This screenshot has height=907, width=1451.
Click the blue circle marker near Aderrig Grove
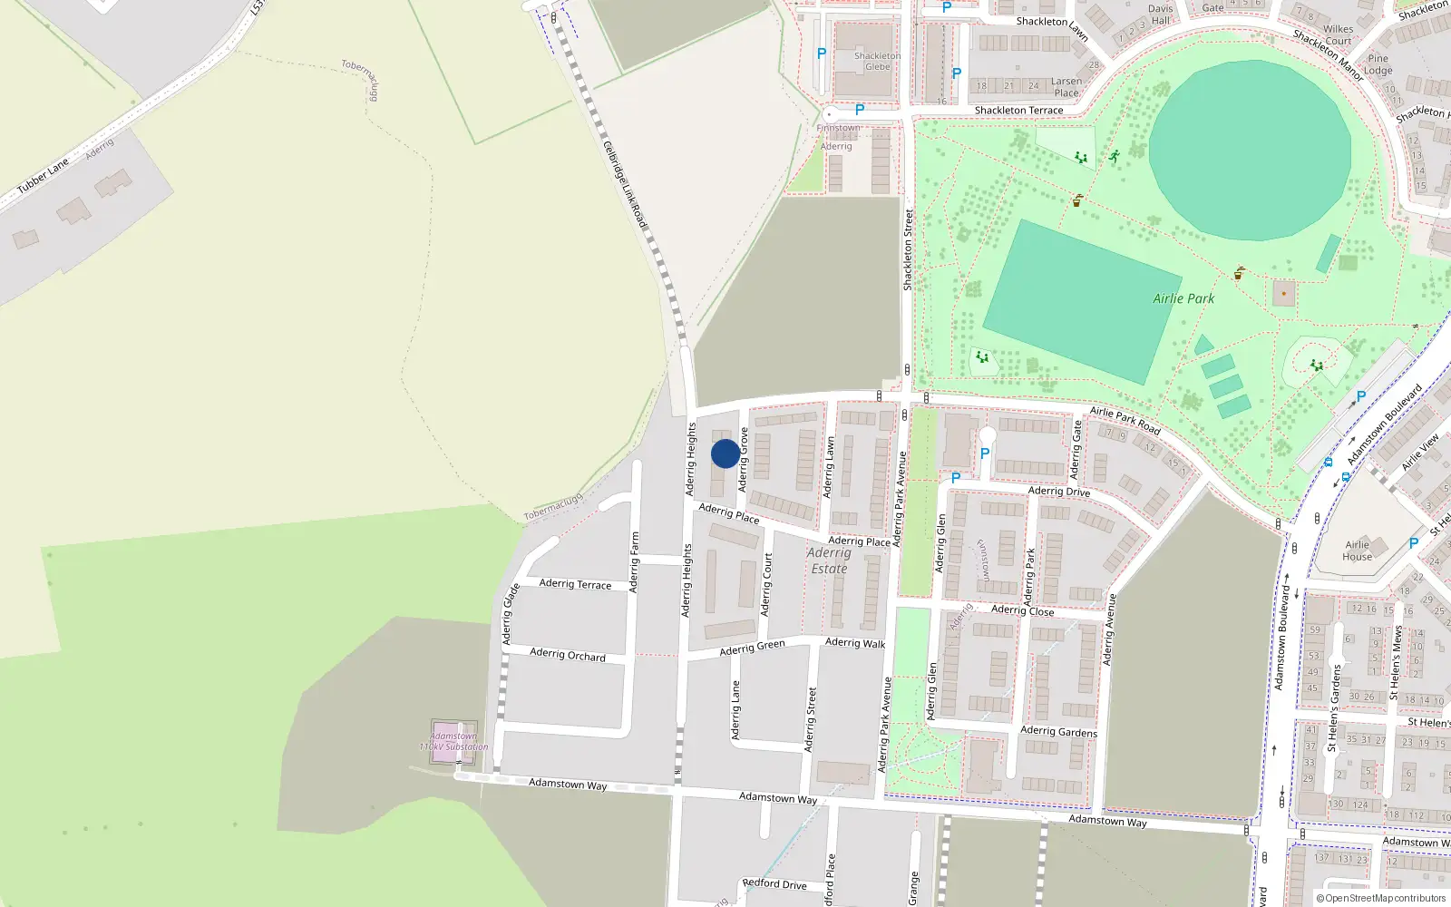tap(725, 453)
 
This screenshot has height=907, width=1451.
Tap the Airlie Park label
tap(1183, 298)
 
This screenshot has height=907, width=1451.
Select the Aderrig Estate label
tap(829, 561)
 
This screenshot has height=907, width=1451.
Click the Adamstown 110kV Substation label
tap(453, 741)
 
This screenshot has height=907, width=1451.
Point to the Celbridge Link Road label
tap(625, 184)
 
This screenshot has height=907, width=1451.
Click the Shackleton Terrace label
tap(1018, 111)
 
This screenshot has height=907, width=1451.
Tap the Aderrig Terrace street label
tap(575, 584)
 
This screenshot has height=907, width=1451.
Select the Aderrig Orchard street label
tap(568, 654)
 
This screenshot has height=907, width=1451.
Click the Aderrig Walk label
tap(855, 643)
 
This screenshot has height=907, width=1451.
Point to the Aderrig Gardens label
tap(1058, 731)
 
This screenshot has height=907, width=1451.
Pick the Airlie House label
tap(1357, 551)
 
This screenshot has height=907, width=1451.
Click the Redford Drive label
tap(774, 883)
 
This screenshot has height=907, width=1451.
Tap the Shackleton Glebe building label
tap(877, 61)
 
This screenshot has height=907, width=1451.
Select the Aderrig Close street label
tap(1022, 610)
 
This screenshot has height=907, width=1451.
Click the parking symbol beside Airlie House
tap(1413, 543)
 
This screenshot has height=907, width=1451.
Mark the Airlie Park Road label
tap(1125, 420)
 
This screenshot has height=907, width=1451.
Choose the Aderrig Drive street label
tap(1058, 492)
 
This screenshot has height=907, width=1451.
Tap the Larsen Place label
tap(1066, 87)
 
